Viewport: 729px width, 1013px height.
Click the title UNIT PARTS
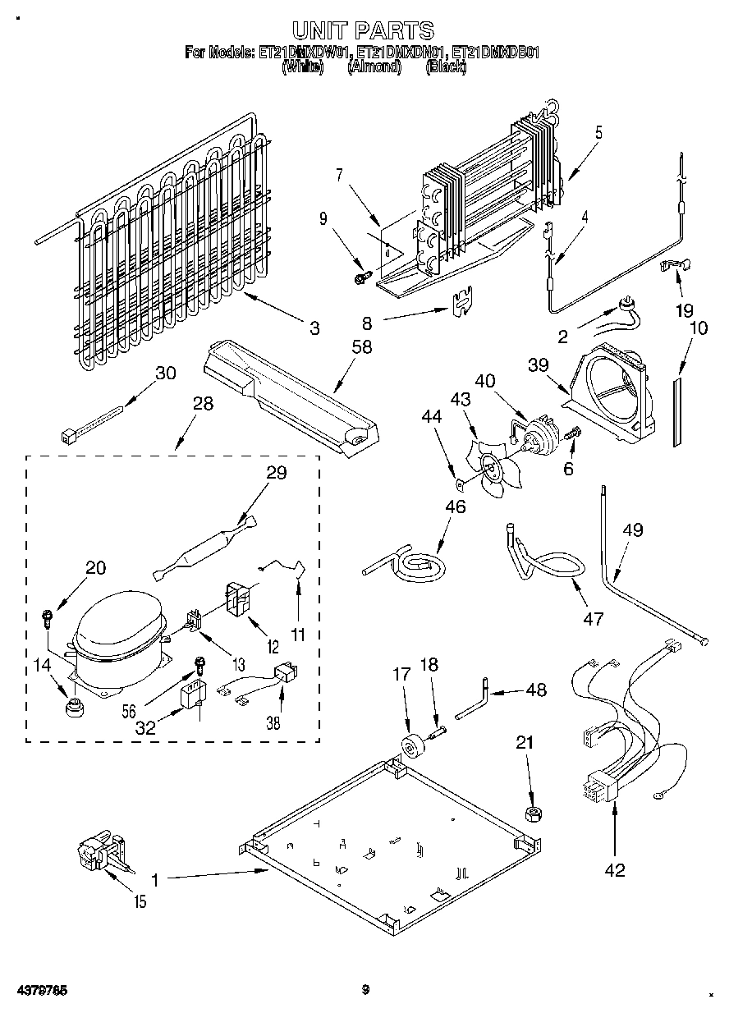coord(364,31)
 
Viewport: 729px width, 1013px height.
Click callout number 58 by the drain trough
coord(361,347)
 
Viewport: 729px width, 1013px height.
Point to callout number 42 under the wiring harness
coord(615,870)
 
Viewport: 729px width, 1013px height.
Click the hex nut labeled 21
coord(531,814)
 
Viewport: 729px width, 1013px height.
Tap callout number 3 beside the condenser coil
coord(314,328)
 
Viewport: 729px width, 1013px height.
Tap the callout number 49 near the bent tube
coord(632,530)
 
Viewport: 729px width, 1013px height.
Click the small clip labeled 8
coord(463,301)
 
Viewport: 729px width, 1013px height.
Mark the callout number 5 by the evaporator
coord(598,131)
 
